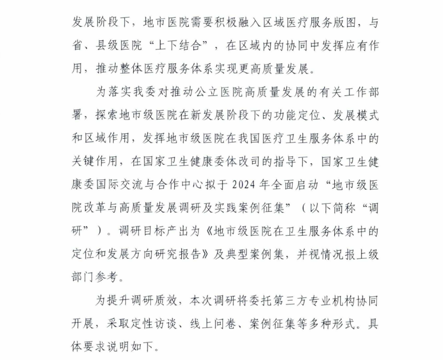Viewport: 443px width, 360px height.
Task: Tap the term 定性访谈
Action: coord(158,323)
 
